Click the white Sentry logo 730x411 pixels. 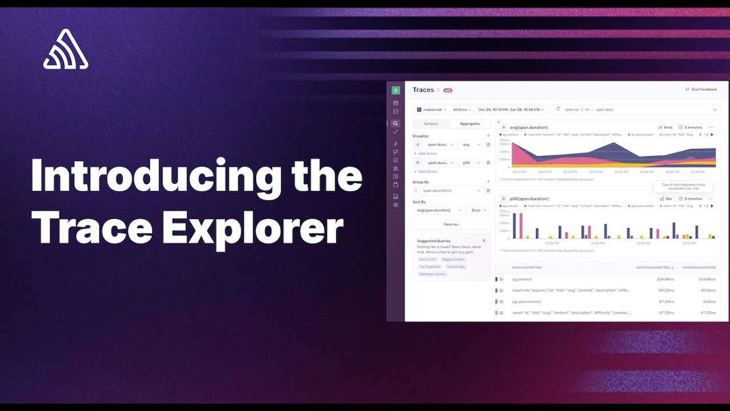pyautogui.click(x=66, y=50)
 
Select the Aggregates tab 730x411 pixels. pyautogui.click(x=470, y=124)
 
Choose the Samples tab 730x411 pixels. pyautogui.click(x=431, y=124)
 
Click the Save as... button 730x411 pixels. pyautogui.click(x=451, y=224)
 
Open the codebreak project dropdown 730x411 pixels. pyautogui.click(x=431, y=109)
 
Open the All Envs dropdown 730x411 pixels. pyautogui.click(x=461, y=109)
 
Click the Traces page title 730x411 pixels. pyautogui.click(x=423, y=90)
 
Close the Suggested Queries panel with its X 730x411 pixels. pyautogui.click(x=484, y=240)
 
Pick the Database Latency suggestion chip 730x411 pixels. pyautogui.click(x=432, y=274)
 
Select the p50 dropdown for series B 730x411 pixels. pyautogui.click(x=471, y=163)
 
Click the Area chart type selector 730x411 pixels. pyautogui.click(x=665, y=127)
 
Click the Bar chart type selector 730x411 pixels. pyautogui.click(x=666, y=199)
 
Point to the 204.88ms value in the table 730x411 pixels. pyautogui.click(x=665, y=279)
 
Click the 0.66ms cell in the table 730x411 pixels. pyautogui.click(x=709, y=301)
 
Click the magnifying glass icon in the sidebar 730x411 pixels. pyautogui.click(x=396, y=123)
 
